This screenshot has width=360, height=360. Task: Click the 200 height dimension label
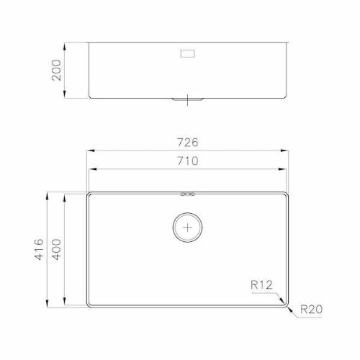click(x=58, y=70)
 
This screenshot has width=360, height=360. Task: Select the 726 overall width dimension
click(x=188, y=142)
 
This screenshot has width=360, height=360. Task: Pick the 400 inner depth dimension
click(x=57, y=250)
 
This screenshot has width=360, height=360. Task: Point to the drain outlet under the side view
click(x=188, y=99)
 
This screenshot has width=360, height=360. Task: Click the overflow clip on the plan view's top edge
click(x=188, y=193)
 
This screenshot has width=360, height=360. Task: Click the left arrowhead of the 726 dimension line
click(x=89, y=151)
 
